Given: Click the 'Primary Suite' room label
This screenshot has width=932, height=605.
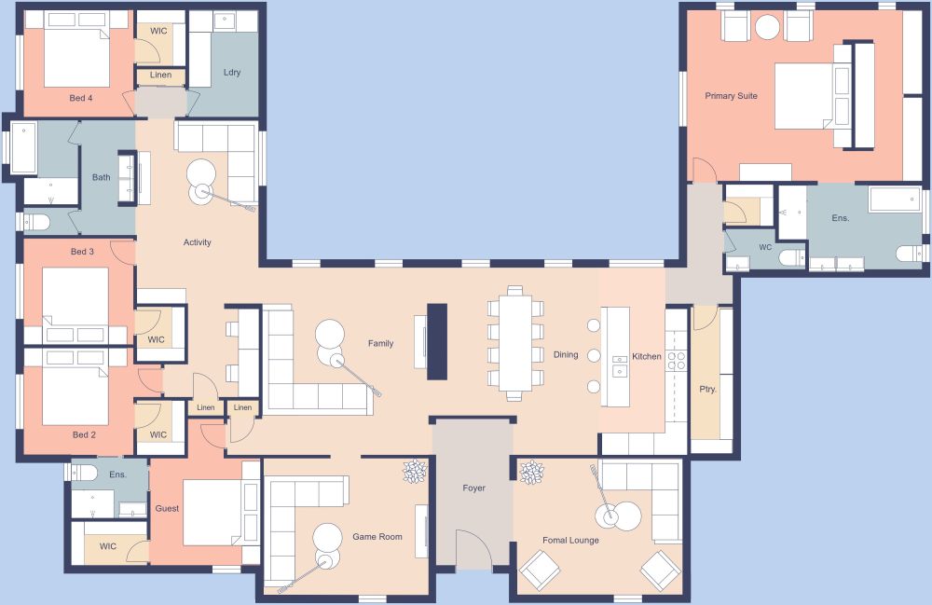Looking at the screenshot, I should [x=731, y=96].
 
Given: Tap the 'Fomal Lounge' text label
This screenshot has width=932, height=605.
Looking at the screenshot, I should [x=570, y=541].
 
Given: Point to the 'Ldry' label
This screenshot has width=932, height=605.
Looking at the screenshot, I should [x=232, y=73].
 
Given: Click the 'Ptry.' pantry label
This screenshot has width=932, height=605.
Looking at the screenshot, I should [x=707, y=390].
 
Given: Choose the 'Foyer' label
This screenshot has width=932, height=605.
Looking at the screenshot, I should [x=473, y=488].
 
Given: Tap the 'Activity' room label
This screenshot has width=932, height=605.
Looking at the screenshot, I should [x=197, y=243].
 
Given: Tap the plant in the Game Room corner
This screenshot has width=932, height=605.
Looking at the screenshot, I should [x=415, y=473].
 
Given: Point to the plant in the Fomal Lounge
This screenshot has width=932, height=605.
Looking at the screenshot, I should [x=531, y=473].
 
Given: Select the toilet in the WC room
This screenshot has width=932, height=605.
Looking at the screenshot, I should [x=790, y=257].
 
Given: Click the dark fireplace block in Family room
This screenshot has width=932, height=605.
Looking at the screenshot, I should [x=436, y=341].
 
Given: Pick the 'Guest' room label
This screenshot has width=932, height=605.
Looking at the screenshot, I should [x=167, y=509].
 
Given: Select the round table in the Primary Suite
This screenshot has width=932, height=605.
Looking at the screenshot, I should [x=767, y=27].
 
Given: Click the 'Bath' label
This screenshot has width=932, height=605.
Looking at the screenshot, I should [x=101, y=177].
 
